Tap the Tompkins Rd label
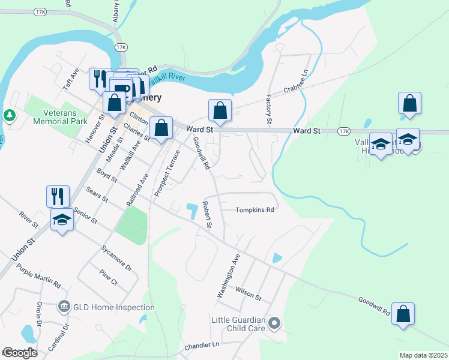pyautogui.click(x=254, y=210)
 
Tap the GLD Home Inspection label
pyautogui.click(x=114, y=307)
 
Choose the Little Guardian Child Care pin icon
pyautogui.click(x=274, y=323)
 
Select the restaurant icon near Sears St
pyautogui.click(x=58, y=196)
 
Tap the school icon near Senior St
pyautogui.click(x=62, y=221)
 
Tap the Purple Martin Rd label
pyautogui.click(x=39, y=275)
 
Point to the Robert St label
pyautogui.click(x=208, y=214)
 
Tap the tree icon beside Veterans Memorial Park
pyautogui.click(x=10, y=115)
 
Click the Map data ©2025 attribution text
pyautogui.click(x=423, y=355)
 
